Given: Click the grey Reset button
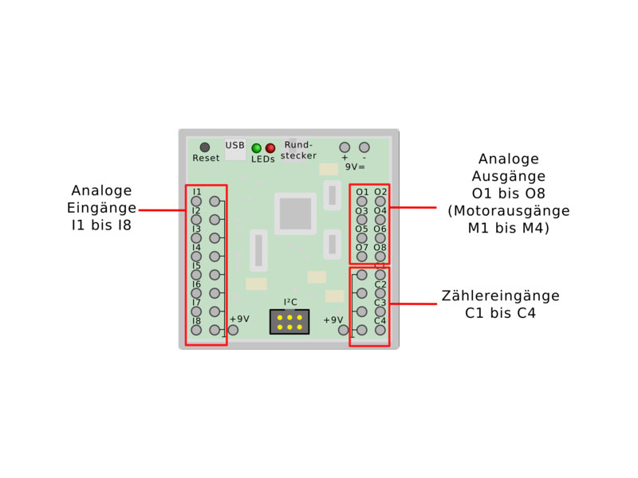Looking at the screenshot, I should pos(205,147).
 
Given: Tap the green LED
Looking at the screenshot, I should pos(257,148).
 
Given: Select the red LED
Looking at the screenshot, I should pos(270,148).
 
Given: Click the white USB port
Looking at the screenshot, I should pos(235,151).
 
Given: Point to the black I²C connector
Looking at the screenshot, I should pos(289,322).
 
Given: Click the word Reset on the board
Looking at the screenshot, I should pos(206,159).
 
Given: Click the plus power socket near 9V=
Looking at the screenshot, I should pos(345,147).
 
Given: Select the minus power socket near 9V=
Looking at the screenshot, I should pos(364,147).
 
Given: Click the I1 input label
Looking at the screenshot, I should pos(196,192).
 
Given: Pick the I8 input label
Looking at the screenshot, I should pos(196,320).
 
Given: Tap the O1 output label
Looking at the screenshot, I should pos(362,192).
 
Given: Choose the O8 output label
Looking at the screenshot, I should pos(380,247).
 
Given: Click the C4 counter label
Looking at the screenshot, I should pos(380,320).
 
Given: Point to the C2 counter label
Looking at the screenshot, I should pos(380,284).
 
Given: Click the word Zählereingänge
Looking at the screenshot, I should pos(500,296).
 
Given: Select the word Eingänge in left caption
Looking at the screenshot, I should pos(101,208).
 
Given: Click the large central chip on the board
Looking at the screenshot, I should pos(295,214).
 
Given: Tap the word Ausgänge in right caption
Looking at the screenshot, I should pos(508,176).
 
